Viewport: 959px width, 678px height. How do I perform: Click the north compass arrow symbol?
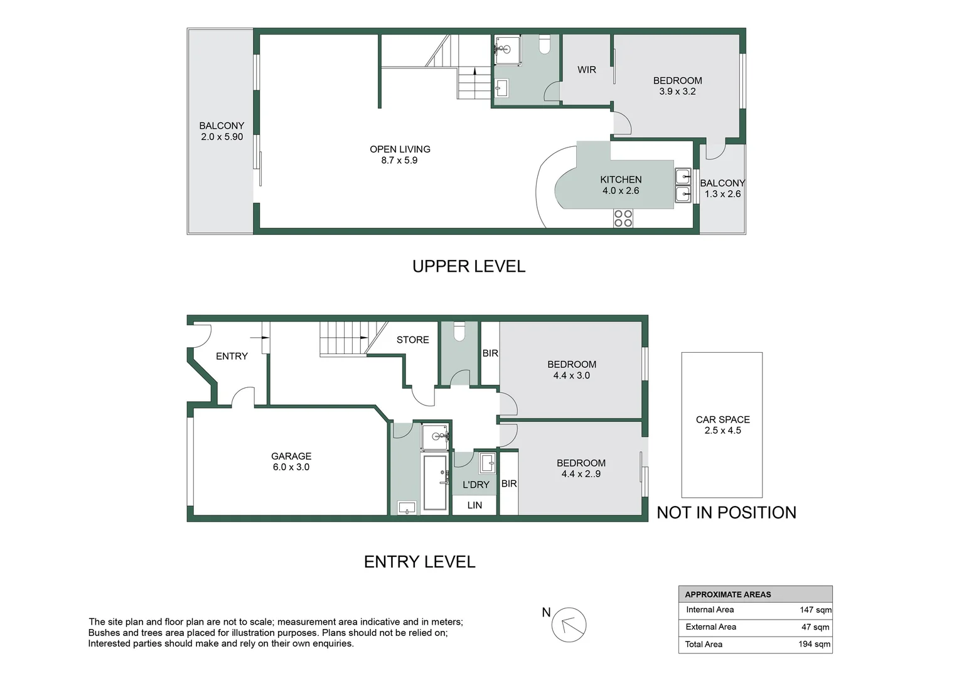tap(569, 625)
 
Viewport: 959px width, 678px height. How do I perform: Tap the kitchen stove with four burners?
tap(623, 218)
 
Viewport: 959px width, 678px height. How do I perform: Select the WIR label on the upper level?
tap(587, 70)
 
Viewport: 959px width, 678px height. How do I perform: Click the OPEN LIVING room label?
tap(400, 149)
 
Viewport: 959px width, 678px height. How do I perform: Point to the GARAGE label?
tap(291, 456)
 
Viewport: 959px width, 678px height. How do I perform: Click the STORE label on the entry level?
tap(412, 340)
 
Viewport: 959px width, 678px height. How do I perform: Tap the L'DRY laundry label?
tap(476, 485)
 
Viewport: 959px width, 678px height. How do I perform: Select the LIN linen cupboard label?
tap(474, 505)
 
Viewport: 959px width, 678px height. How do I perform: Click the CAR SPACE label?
tap(722, 419)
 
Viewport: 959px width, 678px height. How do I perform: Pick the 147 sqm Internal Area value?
tap(815, 610)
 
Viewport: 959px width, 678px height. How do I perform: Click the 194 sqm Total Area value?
tap(814, 644)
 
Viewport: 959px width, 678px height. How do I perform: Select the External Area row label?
tap(710, 627)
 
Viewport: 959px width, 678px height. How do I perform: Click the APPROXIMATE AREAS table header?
tap(728, 595)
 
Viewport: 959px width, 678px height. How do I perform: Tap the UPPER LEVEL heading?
tap(469, 266)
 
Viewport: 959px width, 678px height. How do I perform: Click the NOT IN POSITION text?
tap(726, 512)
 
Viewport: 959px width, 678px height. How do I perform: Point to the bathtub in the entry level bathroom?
tap(435, 482)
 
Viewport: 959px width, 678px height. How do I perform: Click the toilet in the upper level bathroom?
tap(544, 43)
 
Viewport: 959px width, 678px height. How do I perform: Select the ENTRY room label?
tap(232, 356)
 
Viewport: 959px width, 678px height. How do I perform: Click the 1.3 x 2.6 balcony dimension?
tap(722, 194)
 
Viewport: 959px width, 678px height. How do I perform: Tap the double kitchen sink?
tap(683, 185)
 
